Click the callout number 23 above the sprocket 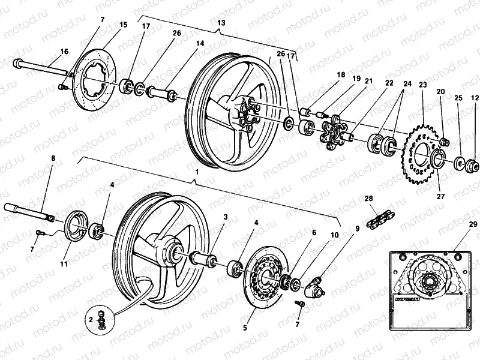click(422, 86)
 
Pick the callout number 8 click(53, 158)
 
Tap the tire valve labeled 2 click(102, 320)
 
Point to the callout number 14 click(200, 44)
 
